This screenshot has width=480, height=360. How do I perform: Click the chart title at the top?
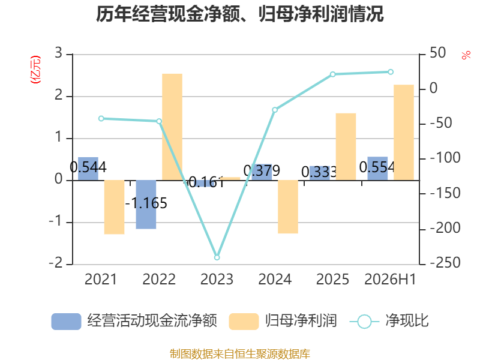(x=239, y=14)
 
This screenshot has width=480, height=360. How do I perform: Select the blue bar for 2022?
(x=146, y=205)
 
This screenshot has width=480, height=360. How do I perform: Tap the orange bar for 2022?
(x=172, y=127)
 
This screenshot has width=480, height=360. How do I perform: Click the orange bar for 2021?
(x=114, y=207)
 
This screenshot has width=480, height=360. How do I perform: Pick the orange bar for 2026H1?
(x=403, y=132)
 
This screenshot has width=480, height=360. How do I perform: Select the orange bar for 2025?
(x=346, y=146)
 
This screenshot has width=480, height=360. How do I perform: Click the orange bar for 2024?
(x=288, y=207)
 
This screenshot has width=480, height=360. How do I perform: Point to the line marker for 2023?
(x=217, y=257)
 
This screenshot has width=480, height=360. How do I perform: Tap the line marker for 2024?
(x=275, y=110)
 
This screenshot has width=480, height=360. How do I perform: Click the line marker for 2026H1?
(x=391, y=72)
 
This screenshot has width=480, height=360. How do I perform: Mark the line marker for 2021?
(x=101, y=118)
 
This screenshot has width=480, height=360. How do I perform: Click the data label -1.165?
(x=146, y=203)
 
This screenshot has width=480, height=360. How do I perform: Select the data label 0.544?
(x=88, y=167)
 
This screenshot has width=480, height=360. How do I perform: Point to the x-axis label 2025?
(x=332, y=280)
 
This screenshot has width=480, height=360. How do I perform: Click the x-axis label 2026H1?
(x=391, y=280)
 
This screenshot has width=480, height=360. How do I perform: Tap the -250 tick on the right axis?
(x=445, y=263)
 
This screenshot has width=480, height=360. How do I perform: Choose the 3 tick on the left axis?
(x=58, y=53)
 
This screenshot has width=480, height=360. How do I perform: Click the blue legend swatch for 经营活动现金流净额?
(x=66, y=322)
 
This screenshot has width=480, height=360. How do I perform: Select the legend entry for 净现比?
(x=389, y=321)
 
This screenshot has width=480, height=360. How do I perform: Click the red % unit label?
(x=466, y=55)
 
